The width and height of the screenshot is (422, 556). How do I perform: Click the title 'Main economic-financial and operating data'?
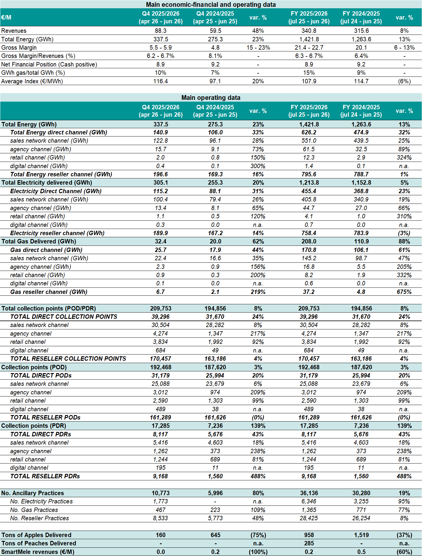coord(211,4)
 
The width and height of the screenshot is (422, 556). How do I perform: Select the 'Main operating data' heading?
coord(211,97)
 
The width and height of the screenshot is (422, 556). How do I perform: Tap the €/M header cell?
coord(6,17)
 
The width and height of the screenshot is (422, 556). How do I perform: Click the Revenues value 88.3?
coord(161,31)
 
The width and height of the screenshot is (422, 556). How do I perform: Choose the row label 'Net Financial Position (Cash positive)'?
coord(49,64)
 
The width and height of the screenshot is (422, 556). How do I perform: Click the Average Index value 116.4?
coord(161,81)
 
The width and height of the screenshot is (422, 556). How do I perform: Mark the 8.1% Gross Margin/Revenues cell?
coord(215,56)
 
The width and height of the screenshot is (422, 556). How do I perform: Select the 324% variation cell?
coord(404,157)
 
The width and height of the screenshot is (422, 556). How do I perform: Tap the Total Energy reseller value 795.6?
coord(309,174)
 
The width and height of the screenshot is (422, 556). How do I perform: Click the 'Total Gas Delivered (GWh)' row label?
coord(39,241)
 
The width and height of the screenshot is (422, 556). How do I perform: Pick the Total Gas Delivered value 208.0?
coord(309,241)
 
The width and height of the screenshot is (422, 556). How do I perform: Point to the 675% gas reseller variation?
coord(404,292)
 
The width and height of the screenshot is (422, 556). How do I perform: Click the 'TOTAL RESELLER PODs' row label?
coord(45,417)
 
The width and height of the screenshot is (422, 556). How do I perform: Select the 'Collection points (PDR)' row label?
coord(34,426)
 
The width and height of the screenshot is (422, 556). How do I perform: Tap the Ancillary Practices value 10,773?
coord(161,493)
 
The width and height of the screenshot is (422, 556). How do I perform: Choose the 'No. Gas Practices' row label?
coord(34,510)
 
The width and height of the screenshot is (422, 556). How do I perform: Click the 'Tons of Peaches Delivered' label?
coord(39,543)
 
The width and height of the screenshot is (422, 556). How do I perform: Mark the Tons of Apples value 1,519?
coord(361,535)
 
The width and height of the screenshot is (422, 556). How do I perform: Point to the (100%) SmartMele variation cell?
coord(258,552)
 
